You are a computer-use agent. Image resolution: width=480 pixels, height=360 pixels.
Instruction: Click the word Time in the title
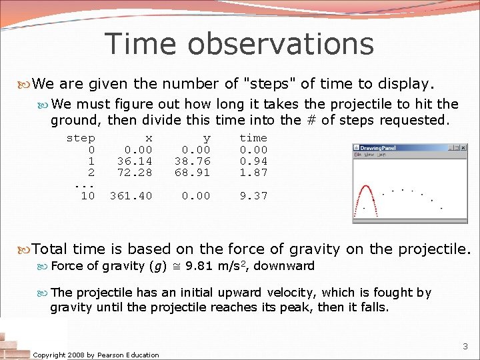[x=142, y=44]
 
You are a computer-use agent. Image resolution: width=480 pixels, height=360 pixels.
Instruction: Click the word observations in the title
[x=281, y=44]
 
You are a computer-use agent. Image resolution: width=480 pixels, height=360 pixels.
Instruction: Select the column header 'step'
[x=81, y=138]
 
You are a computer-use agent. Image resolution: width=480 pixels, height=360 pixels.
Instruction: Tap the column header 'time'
[x=253, y=138]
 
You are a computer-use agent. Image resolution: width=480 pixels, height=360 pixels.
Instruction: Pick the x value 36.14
[x=135, y=161]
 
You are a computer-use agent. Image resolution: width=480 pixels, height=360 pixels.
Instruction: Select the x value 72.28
[x=135, y=173]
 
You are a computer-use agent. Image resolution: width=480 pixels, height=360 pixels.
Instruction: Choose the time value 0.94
[x=253, y=161]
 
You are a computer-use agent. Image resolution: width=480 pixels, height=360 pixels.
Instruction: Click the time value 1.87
[x=253, y=173]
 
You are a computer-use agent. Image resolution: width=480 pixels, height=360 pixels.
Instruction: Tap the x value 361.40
[x=131, y=195]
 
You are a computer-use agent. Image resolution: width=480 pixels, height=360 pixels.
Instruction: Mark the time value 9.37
[x=253, y=195]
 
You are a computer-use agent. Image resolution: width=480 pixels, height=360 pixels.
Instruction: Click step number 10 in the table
[x=88, y=195]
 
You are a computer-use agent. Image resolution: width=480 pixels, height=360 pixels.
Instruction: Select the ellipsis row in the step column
[x=84, y=185]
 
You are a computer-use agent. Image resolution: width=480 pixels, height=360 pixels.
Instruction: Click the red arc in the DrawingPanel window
[x=367, y=193]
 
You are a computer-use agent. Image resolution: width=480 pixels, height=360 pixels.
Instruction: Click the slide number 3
[x=465, y=347]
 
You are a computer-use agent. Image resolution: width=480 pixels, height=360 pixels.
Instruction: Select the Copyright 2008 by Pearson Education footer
[x=96, y=355]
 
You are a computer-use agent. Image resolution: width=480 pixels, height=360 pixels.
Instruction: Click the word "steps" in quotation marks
[x=271, y=84]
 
